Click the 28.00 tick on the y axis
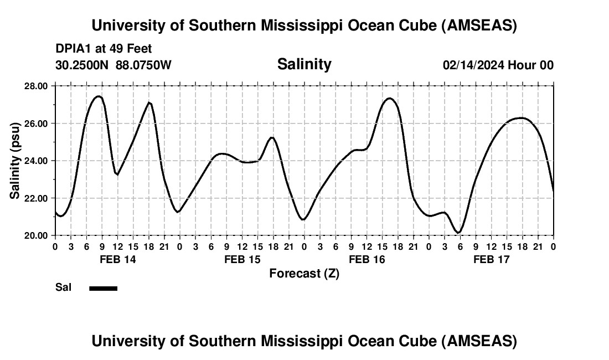(35, 86)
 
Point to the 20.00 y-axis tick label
(35, 235)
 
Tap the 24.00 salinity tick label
(35, 161)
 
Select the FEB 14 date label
(117, 259)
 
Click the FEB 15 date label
(242, 259)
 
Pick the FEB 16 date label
(367, 259)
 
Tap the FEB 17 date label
(491, 259)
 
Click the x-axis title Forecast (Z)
(304, 273)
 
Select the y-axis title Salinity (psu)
(15, 161)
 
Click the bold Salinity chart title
(304, 64)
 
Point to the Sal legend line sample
(104, 288)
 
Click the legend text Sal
(63, 287)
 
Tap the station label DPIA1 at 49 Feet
(104, 49)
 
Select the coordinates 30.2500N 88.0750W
(113, 65)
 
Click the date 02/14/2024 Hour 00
(498, 65)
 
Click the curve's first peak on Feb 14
(98, 96)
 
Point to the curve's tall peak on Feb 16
(390, 99)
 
